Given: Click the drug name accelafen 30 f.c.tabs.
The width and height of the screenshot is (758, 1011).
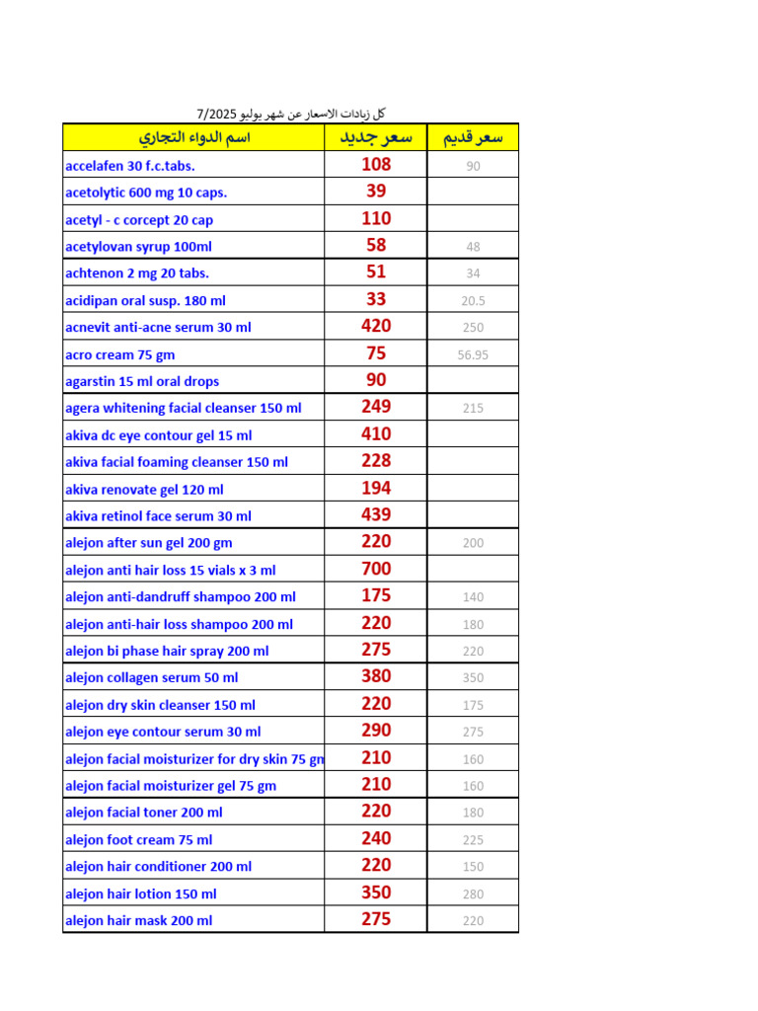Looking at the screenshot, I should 130,166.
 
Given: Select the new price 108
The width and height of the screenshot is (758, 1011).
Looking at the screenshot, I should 376,165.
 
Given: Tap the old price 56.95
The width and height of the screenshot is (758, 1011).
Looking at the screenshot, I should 473,354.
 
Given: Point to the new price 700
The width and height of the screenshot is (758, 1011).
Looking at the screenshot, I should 376,569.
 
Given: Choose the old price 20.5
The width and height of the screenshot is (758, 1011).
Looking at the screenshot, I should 473,301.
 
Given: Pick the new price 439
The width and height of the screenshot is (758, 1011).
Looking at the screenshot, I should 376,514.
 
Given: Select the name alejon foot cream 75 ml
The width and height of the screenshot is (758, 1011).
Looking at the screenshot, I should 138,840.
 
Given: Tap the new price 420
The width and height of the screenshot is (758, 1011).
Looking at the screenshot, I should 376,326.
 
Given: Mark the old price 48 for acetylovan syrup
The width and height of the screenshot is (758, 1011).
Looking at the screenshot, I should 473,247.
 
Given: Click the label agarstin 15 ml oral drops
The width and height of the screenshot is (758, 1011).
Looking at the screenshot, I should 142,381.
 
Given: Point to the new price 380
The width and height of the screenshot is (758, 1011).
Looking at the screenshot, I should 376,676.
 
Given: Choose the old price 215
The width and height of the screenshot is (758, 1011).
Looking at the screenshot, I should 473,408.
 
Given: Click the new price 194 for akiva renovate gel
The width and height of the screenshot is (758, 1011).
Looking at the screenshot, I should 376,488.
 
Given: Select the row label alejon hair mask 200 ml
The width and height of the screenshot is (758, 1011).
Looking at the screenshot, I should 138,921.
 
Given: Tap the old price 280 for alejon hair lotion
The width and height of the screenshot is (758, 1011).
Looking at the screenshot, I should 473,894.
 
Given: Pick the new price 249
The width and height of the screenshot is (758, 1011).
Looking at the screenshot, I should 376,407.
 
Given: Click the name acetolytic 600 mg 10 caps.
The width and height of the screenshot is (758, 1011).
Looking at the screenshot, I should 146,193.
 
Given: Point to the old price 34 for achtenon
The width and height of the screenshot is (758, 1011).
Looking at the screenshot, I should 473,273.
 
